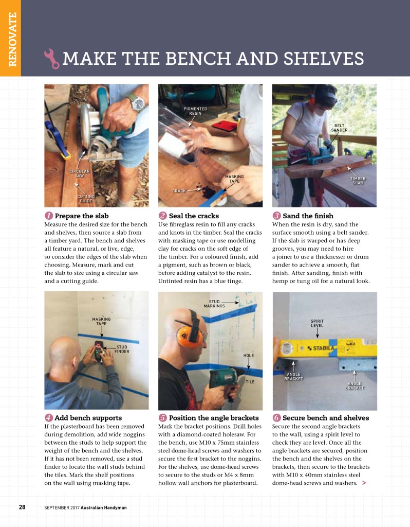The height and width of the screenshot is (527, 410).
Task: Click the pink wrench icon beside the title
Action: pos(52,59)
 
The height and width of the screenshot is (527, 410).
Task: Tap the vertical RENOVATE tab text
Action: pos(12,39)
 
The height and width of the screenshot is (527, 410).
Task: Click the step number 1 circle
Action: pos(49,216)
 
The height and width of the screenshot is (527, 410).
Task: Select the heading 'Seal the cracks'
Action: pos(194,216)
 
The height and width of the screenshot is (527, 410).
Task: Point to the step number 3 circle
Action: pos(276,216)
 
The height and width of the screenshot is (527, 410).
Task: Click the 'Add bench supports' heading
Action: pos(88,418)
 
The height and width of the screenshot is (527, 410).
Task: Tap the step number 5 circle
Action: pos(163,418)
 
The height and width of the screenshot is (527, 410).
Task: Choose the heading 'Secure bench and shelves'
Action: pos(326,418)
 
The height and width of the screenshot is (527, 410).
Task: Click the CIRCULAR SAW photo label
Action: pos(80,173)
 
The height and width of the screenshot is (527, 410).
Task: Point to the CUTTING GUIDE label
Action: pos(86,199)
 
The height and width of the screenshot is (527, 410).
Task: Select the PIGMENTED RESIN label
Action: pos(195,111)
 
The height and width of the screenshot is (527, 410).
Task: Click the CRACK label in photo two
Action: pos(179,191)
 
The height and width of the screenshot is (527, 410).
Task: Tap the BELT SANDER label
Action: pos(339,128)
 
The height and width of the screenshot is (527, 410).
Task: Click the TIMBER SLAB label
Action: pos(358,181)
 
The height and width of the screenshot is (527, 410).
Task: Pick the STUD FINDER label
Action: pos(122,349)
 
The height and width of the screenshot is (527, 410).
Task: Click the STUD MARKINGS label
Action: pos(214,304)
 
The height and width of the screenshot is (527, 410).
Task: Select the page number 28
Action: pos(22,507)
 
